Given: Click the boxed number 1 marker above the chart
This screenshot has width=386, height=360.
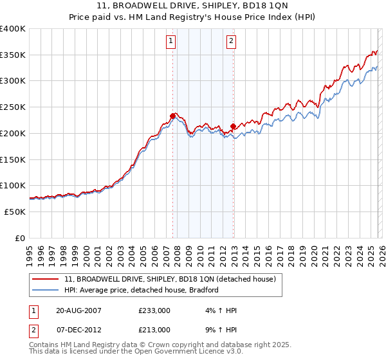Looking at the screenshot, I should (x=171, y=42).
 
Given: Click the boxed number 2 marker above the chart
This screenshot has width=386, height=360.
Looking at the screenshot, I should (x=231, y=42).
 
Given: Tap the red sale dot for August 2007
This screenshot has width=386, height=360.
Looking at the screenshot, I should (x=172, y=116).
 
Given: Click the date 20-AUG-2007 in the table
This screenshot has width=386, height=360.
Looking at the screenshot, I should (x=78, y=310).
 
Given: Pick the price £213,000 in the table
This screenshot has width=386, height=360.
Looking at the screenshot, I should (x=154, y=329).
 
